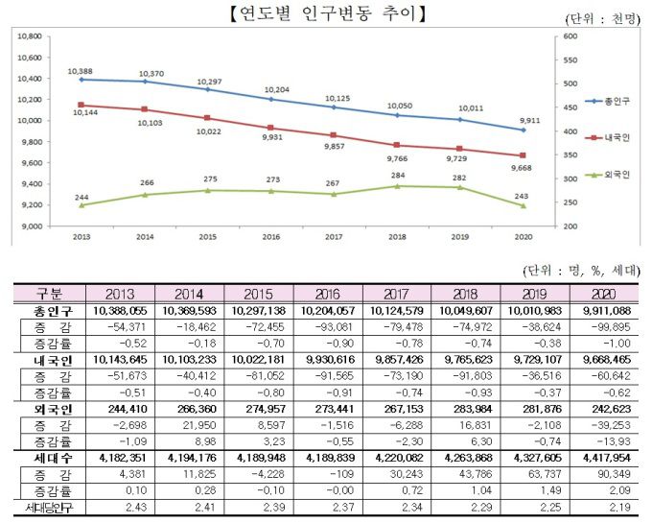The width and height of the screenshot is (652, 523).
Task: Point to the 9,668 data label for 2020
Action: [523, 168]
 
